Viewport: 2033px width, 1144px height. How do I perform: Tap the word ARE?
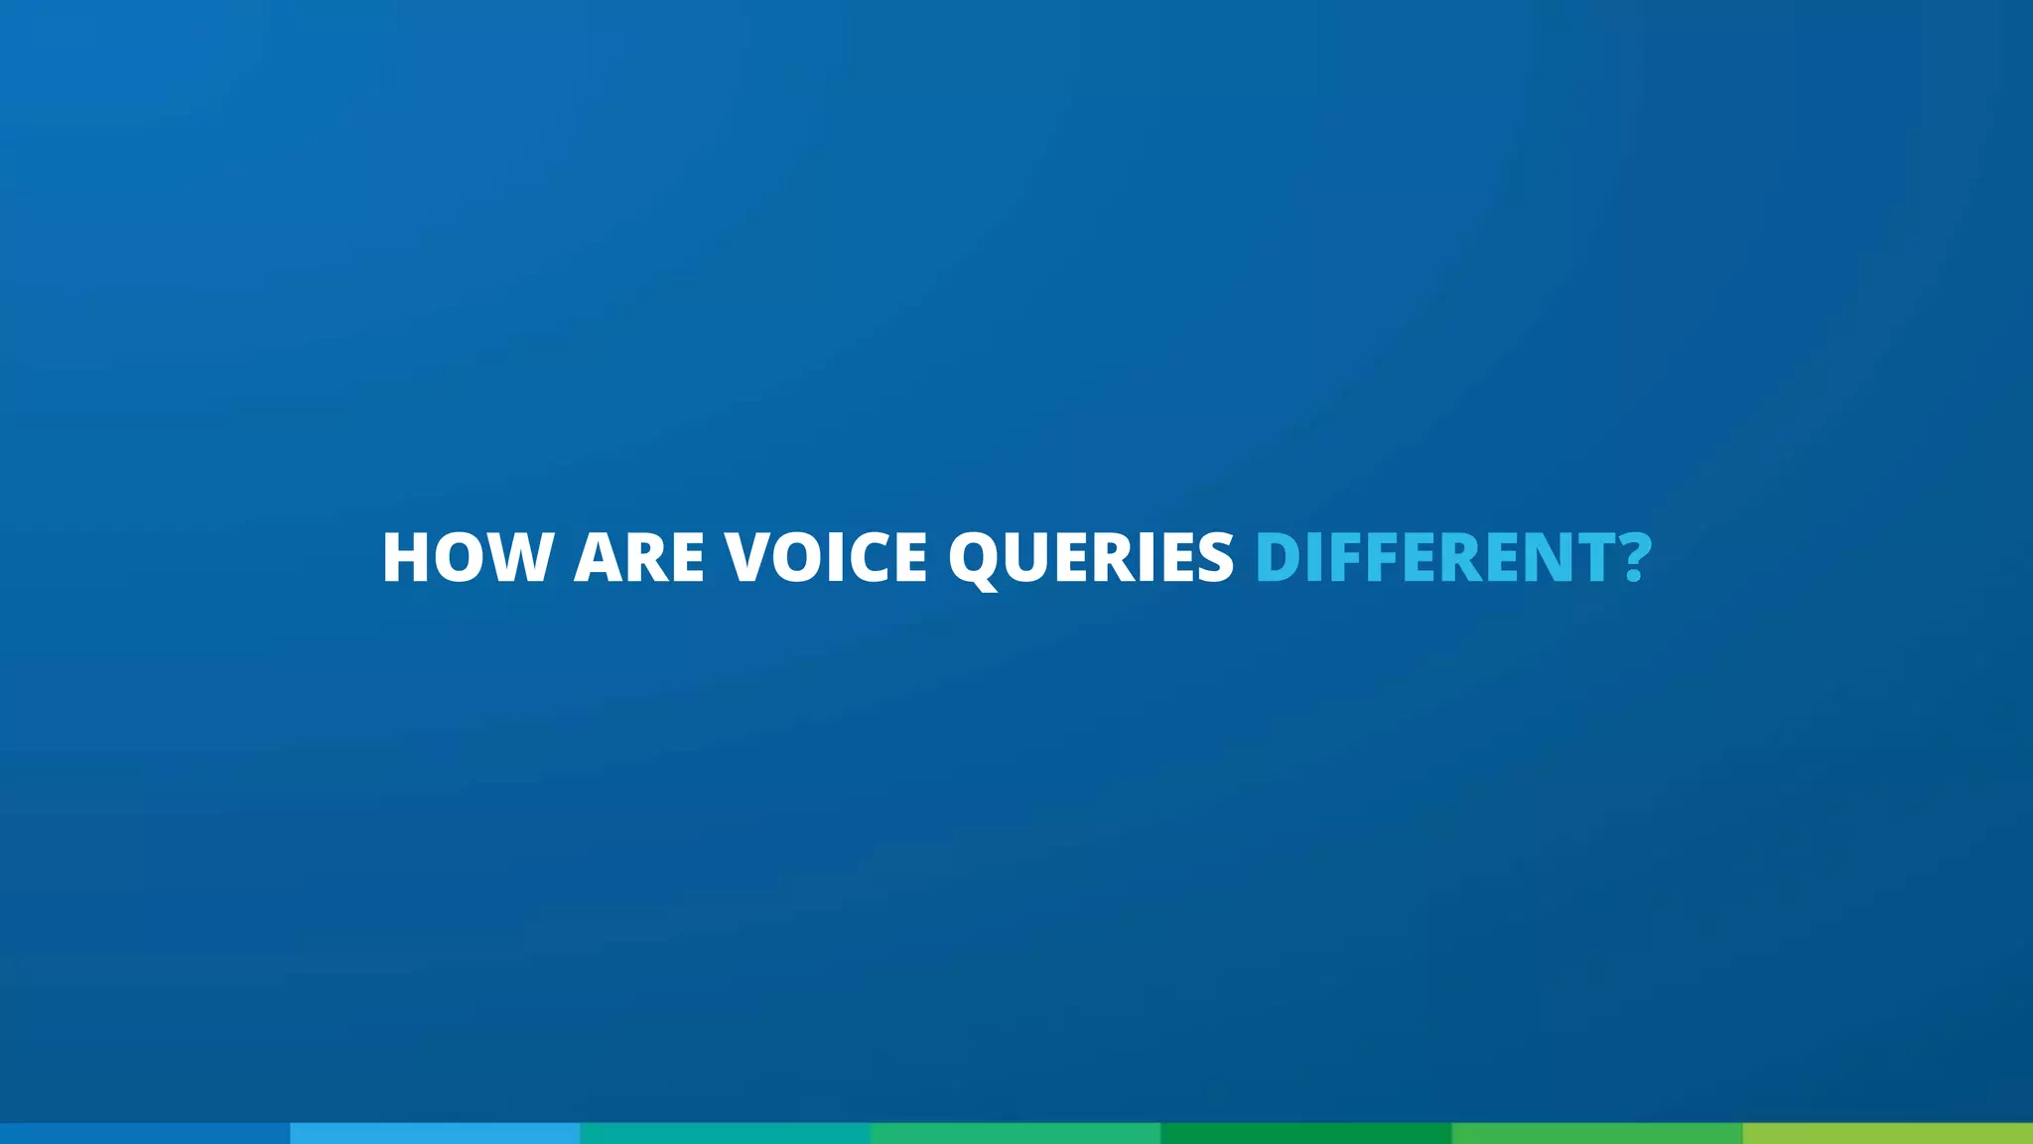639,557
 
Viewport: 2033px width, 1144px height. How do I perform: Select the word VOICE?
826,557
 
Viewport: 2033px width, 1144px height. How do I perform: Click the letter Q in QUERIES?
980,558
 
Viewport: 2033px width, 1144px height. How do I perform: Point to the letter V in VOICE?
755,557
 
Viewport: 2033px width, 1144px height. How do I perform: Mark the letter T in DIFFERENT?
1591,557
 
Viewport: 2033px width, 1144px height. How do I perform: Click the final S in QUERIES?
1213,557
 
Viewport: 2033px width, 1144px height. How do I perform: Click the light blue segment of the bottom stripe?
435,1133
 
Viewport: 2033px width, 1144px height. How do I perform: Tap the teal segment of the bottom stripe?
725,1133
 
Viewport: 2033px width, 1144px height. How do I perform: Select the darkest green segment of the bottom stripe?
1305,1133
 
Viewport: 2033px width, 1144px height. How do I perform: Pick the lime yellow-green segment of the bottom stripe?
1887,1133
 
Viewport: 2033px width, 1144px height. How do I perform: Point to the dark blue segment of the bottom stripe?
145,1133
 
